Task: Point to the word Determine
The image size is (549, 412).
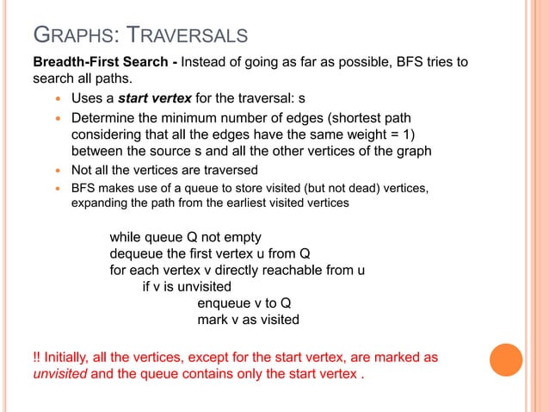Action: pyautogui.click(x=104, y=118)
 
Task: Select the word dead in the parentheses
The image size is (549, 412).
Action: pyautogui.click(x=387, y=187)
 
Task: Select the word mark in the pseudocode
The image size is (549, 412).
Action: pyautogui.click(x=213, y=320)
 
